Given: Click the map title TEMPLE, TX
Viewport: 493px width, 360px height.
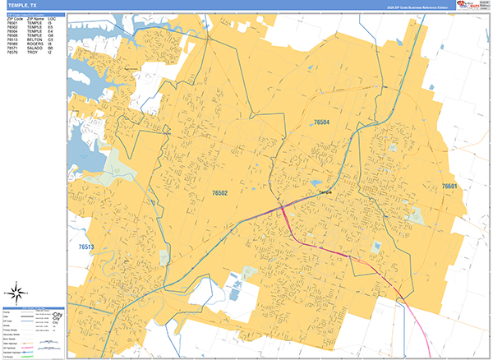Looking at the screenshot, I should [x=23, y=5].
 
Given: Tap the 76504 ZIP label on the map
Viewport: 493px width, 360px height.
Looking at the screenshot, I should [x=321, y=122].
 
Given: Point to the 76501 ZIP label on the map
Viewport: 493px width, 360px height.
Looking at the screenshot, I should [x=449, y=187].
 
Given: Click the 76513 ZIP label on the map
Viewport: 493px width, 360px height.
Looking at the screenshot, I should [x=86, y=247].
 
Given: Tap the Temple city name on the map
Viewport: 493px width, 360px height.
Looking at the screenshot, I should [x=325, y=192].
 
